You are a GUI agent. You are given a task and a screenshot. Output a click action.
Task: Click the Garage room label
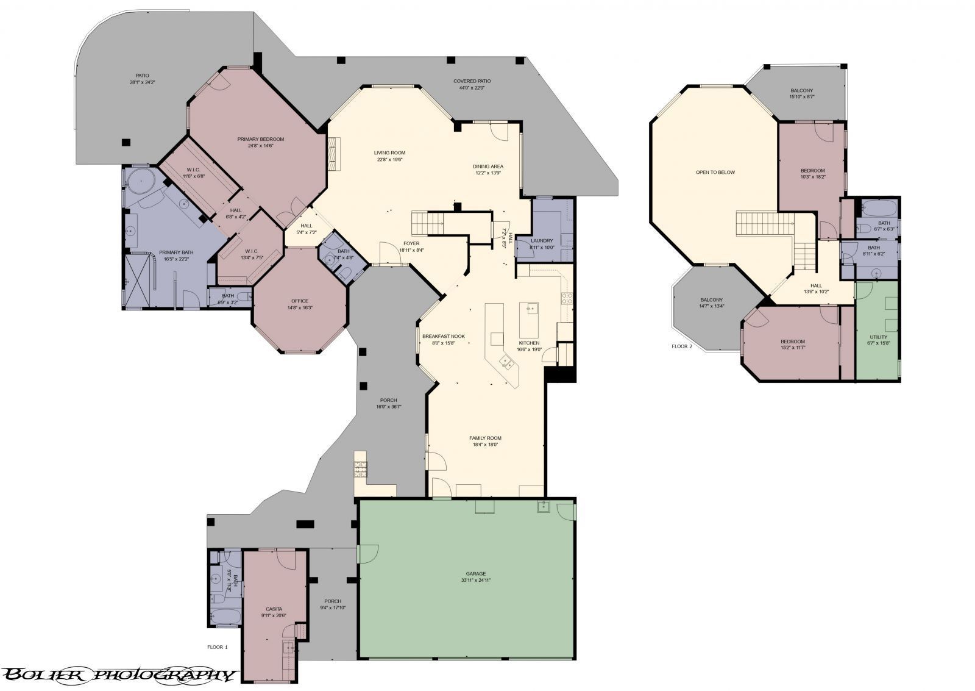(x=476, y=573)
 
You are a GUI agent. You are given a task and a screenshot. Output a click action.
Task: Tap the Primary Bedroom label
(x=260, y=139)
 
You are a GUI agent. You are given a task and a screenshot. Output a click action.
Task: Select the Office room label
(x=300, y=301)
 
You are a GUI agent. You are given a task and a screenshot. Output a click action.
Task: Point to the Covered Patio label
(x=472, y=81)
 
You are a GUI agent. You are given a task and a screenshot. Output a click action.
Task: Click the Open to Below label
(x=715, y=172)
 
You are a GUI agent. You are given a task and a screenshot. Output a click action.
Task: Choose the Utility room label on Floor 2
(x=878, y=337)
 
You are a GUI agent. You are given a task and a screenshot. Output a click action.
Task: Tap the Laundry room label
(x=541, y=240)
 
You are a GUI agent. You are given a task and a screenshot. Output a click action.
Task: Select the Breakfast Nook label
(x=444, y=336)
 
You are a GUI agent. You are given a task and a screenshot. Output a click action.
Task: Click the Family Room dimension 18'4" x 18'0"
(x=485, y=445)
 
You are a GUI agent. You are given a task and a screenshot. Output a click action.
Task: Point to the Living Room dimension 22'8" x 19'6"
(x=389, y=159)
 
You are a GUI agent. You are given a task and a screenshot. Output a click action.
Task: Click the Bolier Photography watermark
(x=119, y=675)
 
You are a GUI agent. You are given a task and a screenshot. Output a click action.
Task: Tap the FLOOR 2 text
(x=682, y=346)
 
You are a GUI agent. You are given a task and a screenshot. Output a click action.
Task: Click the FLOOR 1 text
(x=217, y=647)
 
